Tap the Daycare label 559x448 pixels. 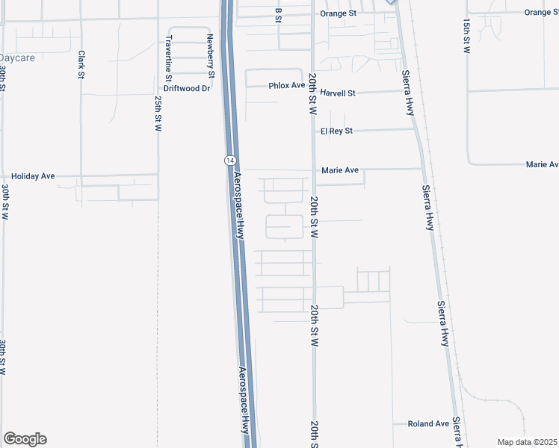click(17, 57)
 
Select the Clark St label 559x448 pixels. click(81, 64)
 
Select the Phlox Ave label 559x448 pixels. click(287, 86)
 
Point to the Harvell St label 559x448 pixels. click(338, 93)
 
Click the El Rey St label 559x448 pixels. click(336, 131)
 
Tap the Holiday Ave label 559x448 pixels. click(34, 177)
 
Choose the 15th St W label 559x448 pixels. click(466, 35)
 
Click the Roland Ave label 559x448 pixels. click(428, 423)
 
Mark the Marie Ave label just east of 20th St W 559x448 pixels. click(340, 170)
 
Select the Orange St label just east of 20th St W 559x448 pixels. click(339, 13)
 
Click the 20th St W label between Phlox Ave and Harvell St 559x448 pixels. click(314, 93)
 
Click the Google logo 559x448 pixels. click(25, 439)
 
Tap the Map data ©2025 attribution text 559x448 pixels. click(527, 442)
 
